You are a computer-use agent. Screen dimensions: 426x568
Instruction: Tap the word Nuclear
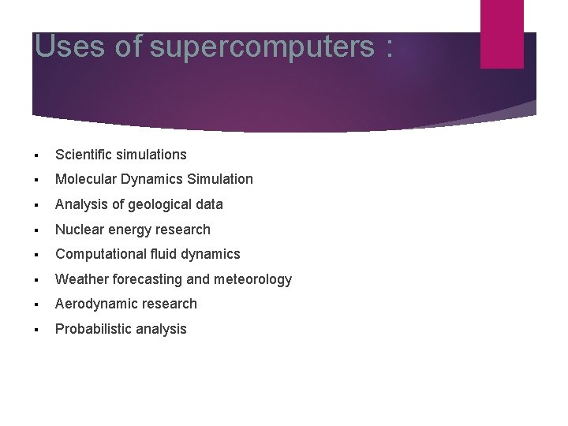78,230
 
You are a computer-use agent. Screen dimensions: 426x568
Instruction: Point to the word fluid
164,254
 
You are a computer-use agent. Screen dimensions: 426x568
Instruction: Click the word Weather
82,279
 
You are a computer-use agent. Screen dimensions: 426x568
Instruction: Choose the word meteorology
252,279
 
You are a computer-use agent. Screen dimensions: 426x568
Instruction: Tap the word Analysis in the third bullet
79,204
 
